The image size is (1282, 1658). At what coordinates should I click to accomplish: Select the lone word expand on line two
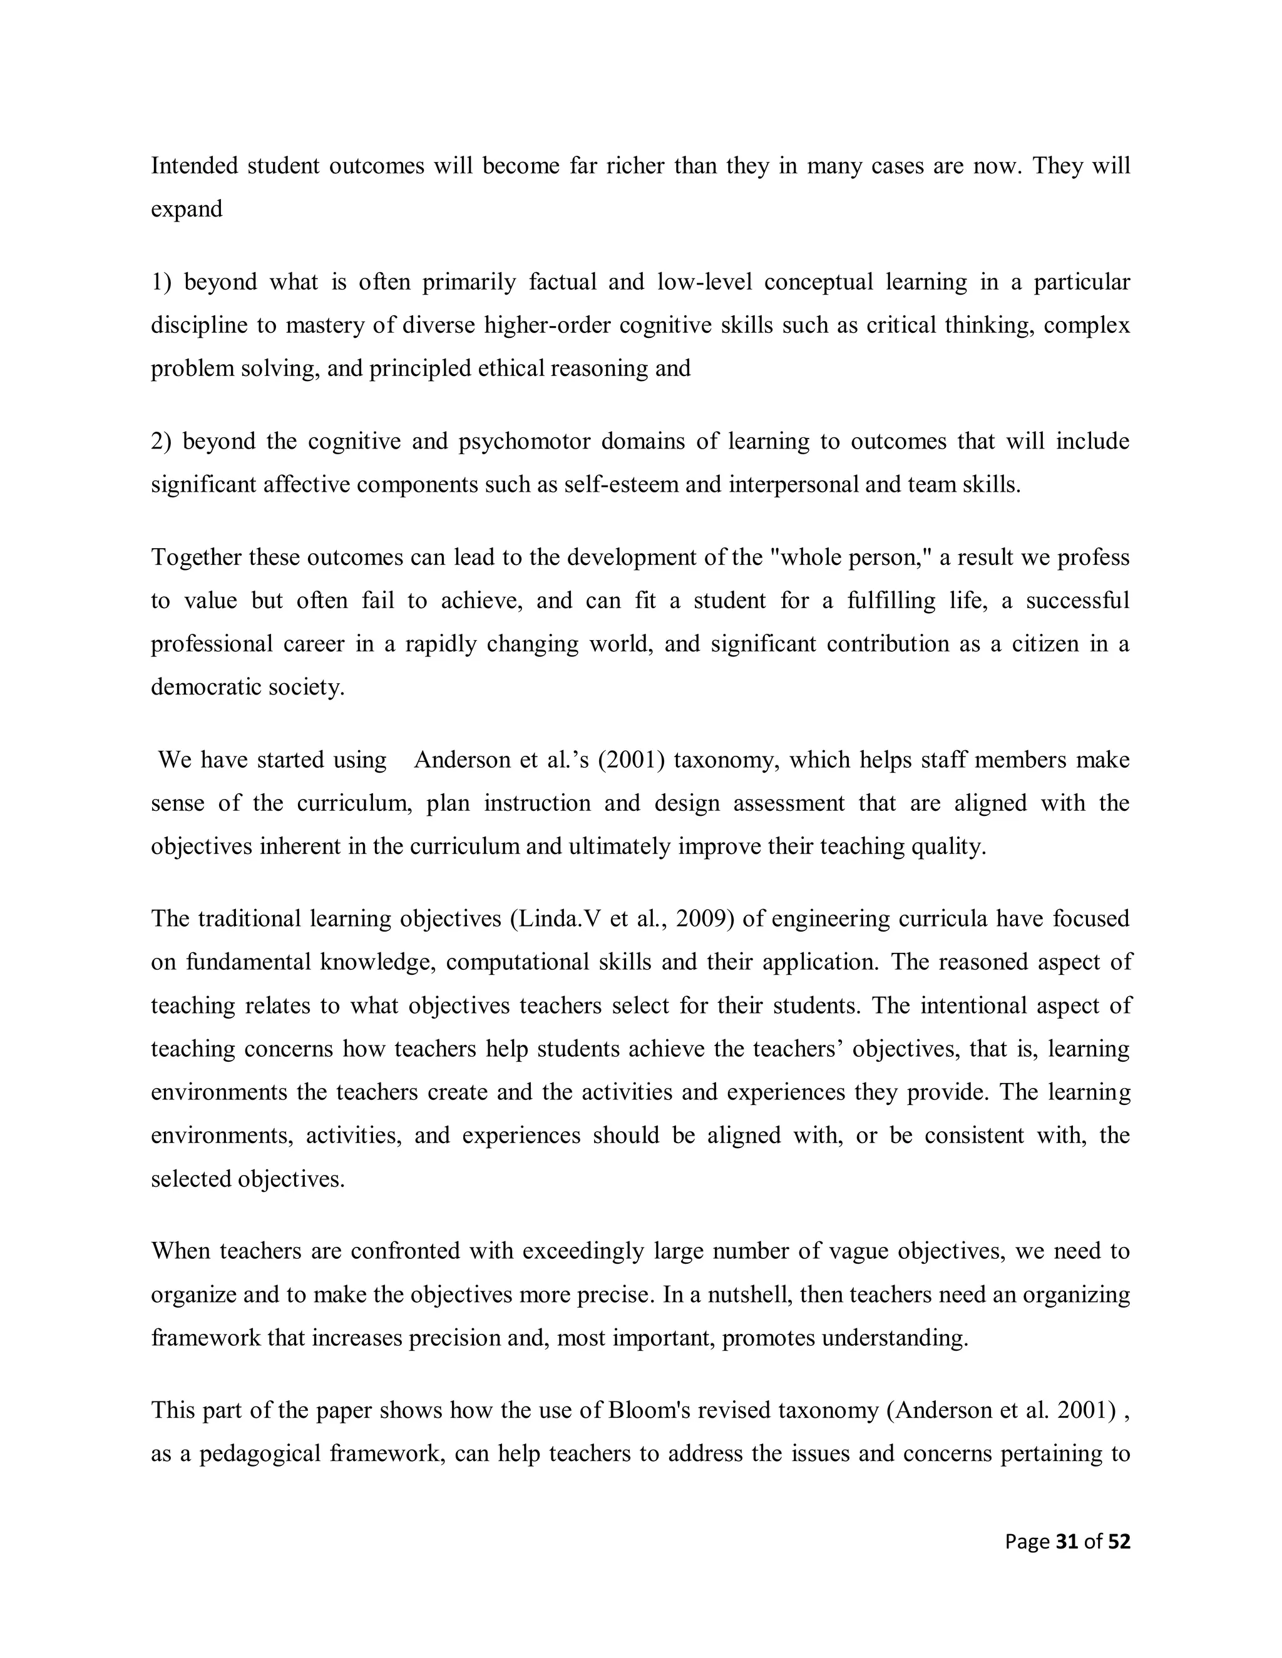click(186, 209)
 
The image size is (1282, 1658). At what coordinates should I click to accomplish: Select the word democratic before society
click(200, 687)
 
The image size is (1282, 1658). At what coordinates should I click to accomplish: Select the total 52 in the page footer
click(1119, 1541)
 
